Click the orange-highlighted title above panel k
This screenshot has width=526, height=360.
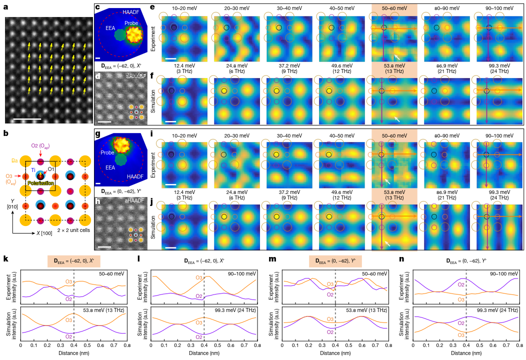(x=74, y=261)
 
